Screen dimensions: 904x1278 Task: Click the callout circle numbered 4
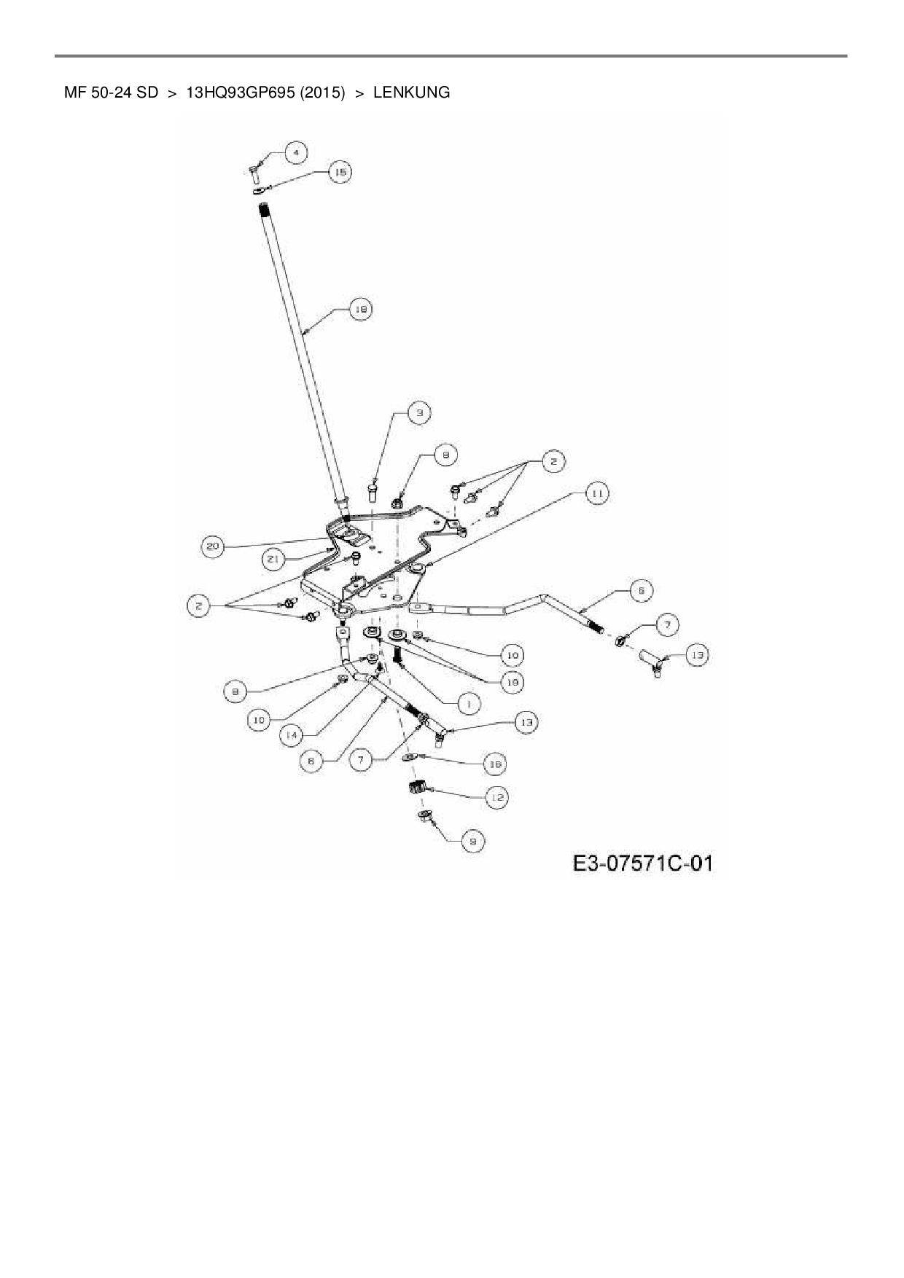pyautogui.click(x=295, y=152)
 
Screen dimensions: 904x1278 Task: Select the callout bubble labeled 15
pyautogui.click(x=340, y=172)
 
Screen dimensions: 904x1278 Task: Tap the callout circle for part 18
pyautogui.click(x=360, y=310)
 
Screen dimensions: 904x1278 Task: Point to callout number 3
pyautogui.click(x=418, y=413)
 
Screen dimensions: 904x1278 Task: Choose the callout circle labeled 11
pyautogui.click(x=596, y=494)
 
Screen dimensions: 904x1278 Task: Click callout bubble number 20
pyautogui.click(x=212, y=547)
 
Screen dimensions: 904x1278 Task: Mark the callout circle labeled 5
pyautogui.click(x=641, y=590)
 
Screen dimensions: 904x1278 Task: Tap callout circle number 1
pyautogui.click(x=469, y=703)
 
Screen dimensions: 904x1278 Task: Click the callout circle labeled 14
pyautogui.click(x=292, y=735)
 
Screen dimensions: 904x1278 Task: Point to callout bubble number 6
pyautogui.click(x=311, y=760)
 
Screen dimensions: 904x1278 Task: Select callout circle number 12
pyautogui.click(x=496, y=798)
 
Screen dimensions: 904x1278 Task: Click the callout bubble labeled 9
pyautogui.click(x=473, y=842)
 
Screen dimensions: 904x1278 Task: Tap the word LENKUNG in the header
pyautogui.click(x=411, y=93)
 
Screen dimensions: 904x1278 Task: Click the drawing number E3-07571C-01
pyautogui.click(x=642, y=864)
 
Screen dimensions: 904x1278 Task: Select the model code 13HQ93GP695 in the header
pyautogui.click(x=241, y=93)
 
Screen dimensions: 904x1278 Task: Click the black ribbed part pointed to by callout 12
pyautogui.click(x=416, y=788)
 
